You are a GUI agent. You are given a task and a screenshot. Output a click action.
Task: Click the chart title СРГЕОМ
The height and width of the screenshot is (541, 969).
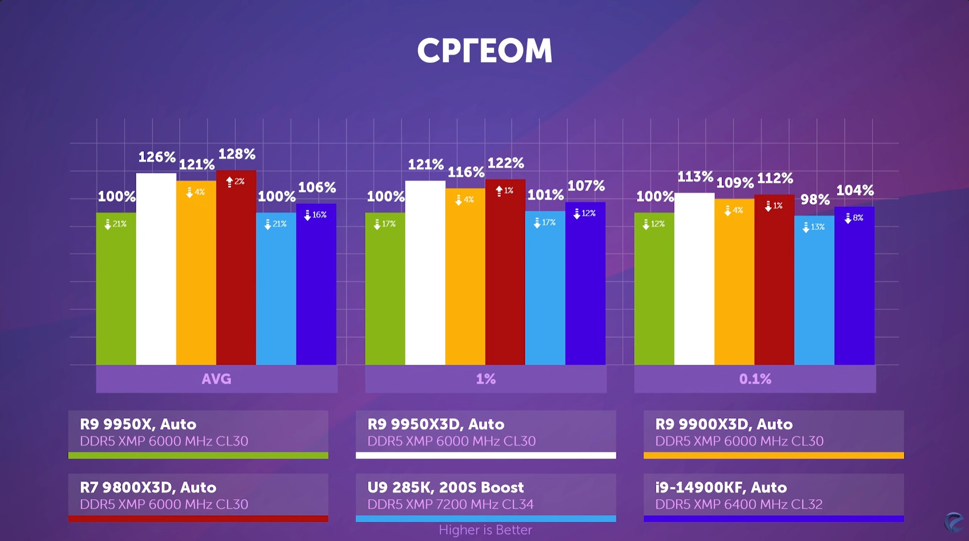click(x=484, y=51)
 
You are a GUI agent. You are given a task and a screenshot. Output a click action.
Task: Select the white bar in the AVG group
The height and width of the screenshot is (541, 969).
click(x=156, y=269)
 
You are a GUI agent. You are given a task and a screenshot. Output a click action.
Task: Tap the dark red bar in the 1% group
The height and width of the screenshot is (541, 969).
click(x=505, y=274)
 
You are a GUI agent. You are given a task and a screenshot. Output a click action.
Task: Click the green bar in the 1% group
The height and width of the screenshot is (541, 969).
click(x=385, y=290)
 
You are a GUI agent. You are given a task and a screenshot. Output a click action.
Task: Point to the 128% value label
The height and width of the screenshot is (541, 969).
click(x=237, y=154)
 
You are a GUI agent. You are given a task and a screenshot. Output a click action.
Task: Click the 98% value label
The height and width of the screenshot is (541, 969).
click(x=815, y=200)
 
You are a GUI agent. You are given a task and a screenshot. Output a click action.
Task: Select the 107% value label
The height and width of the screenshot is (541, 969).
click(x=585, y=186)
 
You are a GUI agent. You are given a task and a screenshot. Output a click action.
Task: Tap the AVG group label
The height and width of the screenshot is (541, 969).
click(x=217, y=379)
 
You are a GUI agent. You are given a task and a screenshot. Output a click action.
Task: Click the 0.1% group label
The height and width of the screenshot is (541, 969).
click(x=755, y=379)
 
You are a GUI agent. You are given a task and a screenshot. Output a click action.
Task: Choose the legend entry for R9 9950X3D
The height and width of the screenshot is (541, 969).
click(x=486, y=433)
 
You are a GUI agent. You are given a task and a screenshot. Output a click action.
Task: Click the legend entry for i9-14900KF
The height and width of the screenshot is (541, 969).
click(x=774, y=497)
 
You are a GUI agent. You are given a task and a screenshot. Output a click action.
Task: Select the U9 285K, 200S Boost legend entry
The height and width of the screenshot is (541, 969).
click(x=486, y=497)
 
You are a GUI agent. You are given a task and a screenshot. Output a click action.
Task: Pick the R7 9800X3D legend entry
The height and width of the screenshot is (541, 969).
click(x=198, y=497)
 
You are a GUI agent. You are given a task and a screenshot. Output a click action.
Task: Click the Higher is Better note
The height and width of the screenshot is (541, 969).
click(x=485, y=530)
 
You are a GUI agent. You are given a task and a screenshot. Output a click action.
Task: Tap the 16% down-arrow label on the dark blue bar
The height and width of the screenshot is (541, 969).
click(x=315, y=215)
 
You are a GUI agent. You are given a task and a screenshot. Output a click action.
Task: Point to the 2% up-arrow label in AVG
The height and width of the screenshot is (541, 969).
click(x=236, y=182)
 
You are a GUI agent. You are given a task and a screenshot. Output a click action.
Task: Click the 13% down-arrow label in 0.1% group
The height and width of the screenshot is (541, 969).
click(x=814, y=227)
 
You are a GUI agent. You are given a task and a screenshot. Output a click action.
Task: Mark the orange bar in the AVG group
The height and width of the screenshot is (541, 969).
click(x=196, y=274)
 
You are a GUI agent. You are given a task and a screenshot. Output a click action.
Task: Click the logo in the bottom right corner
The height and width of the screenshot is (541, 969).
click(x=954, y=523)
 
